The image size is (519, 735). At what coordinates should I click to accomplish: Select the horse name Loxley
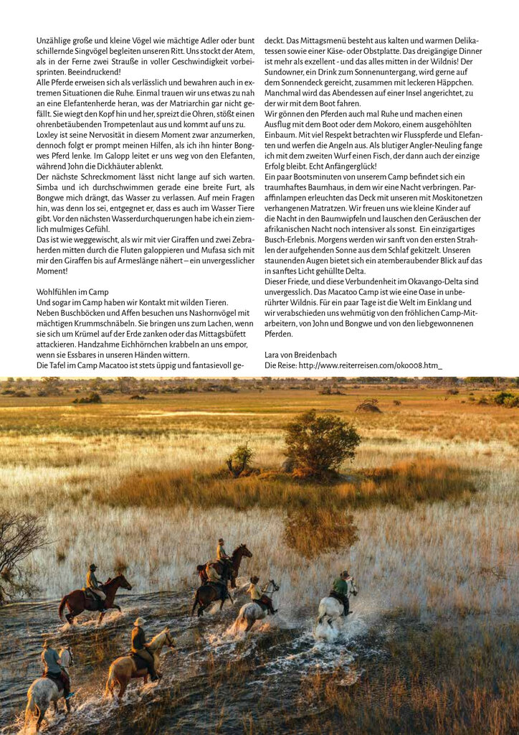coord(49,134)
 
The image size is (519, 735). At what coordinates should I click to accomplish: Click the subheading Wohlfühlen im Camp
coord(72,292)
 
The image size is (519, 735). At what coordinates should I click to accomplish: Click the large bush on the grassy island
coord(320,443)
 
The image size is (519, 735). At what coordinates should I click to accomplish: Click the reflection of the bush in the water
coord(320,528)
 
